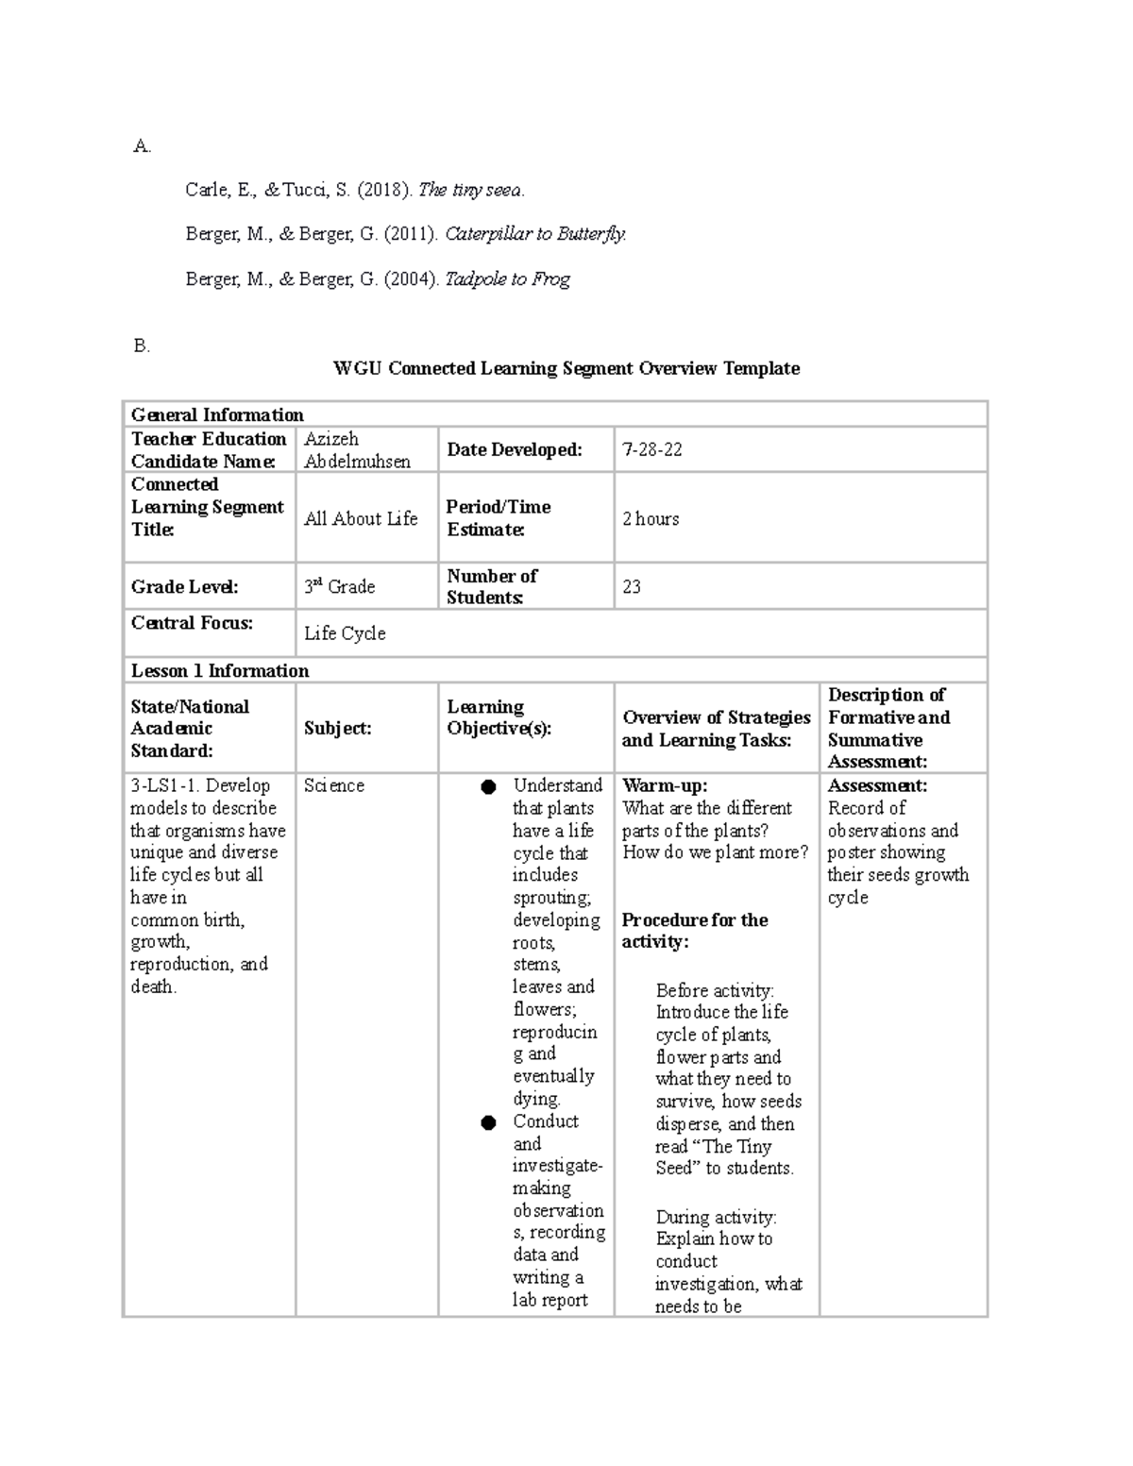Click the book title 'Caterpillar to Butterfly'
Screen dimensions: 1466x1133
coord(534,234)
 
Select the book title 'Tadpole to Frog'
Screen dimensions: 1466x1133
coord(507,279)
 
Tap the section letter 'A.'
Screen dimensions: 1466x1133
coord(142,146)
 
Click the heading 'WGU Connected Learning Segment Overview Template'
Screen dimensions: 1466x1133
coord(566,368)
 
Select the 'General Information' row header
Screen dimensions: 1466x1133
coord(217,414)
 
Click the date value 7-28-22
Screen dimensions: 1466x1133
coord(651,449)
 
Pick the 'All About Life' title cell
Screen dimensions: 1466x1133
coord(361,518)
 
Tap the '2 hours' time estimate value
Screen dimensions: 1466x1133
coord(651,518)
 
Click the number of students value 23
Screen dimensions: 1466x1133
coord(632,586)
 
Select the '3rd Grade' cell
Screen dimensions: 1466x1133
coord(339,586)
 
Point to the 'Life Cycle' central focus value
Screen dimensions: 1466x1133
coord(345,633)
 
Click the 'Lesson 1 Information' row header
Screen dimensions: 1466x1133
coord(220,671)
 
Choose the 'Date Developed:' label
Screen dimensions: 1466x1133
coord(515,449)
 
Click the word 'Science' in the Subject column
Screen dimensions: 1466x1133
coord(334,785)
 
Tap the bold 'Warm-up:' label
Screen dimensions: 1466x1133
coord(665,785)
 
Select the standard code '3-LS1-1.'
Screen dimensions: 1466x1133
coord(164,785)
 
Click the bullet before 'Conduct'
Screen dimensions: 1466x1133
coord(488,1122)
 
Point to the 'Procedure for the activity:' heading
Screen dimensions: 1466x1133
coord(694,931)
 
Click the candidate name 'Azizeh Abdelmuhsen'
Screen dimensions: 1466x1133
coord(357,450)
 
